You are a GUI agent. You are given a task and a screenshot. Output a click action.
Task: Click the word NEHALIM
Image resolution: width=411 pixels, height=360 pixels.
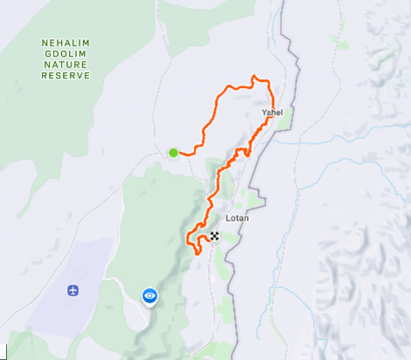[65, 42]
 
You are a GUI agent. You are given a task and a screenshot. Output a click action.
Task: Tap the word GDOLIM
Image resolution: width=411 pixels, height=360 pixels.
[65, 53]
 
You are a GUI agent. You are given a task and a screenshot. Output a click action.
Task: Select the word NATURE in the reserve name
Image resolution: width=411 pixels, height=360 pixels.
[65, 65]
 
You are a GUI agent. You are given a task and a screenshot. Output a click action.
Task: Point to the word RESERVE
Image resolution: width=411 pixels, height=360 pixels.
[65, 76]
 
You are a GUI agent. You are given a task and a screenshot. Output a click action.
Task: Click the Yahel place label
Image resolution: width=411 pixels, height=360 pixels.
[272, 112]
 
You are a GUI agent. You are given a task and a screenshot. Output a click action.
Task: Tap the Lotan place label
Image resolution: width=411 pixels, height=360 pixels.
[237, 218]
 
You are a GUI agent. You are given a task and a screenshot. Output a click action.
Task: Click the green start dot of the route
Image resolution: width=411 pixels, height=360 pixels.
[174, 153]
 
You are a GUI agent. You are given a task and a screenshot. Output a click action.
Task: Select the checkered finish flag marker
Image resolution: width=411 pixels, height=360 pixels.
[215, 236]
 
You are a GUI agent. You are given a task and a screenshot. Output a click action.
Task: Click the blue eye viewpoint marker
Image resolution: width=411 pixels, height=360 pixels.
[150, 296]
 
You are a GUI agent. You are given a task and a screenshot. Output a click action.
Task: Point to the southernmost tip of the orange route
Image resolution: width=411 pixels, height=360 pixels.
[197, 254]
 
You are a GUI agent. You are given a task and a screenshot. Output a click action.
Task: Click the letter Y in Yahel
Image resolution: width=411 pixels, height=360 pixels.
[264, 112]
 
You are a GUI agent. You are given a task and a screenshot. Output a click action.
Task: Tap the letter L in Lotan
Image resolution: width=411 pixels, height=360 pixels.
[228, 218]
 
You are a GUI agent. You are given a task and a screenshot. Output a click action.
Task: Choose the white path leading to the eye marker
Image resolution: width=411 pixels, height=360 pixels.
[131, 292]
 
